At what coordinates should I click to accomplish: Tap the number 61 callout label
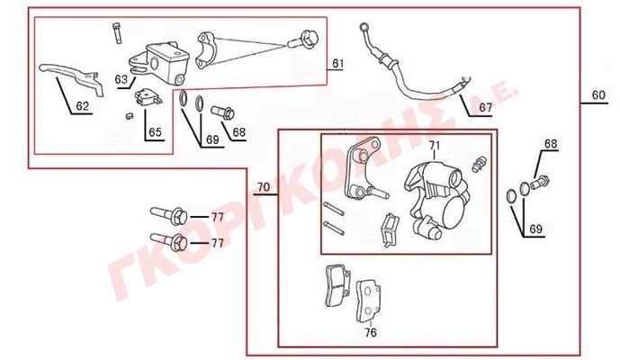(x=337, y=64)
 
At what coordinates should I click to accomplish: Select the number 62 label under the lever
(x=82, y=106)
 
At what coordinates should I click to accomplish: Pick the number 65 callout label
(x=155, y=132)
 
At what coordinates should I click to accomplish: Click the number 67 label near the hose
(x=485, y=108)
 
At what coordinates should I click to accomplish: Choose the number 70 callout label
(x=263, y=188)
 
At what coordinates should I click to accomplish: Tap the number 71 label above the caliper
(x=435, y=146)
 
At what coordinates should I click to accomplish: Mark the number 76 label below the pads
(x=369, y=332)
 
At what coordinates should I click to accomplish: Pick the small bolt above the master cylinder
(x=118, y=31)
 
